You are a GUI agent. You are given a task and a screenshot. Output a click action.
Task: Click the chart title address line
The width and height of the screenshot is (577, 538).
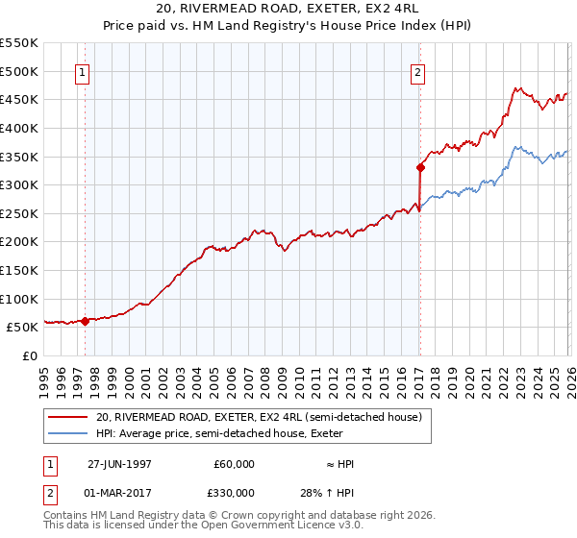click(x=288, y=8)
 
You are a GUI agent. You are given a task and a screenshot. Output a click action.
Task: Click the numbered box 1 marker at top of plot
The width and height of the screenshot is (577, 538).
click(x=83, y=71)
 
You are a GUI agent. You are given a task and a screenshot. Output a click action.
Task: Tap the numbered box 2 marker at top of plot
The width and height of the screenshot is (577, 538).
click(x=418, y=71)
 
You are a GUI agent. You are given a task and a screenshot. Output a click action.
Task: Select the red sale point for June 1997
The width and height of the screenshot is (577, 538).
click(x=85, y=321)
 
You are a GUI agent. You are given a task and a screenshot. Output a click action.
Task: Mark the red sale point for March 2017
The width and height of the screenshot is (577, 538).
click(x=420, y=167)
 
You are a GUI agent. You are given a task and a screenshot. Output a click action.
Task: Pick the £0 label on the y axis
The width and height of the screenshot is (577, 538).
click(x=29, y=355)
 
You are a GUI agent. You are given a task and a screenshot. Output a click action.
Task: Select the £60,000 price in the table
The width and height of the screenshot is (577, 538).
click(x=234, y=464)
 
